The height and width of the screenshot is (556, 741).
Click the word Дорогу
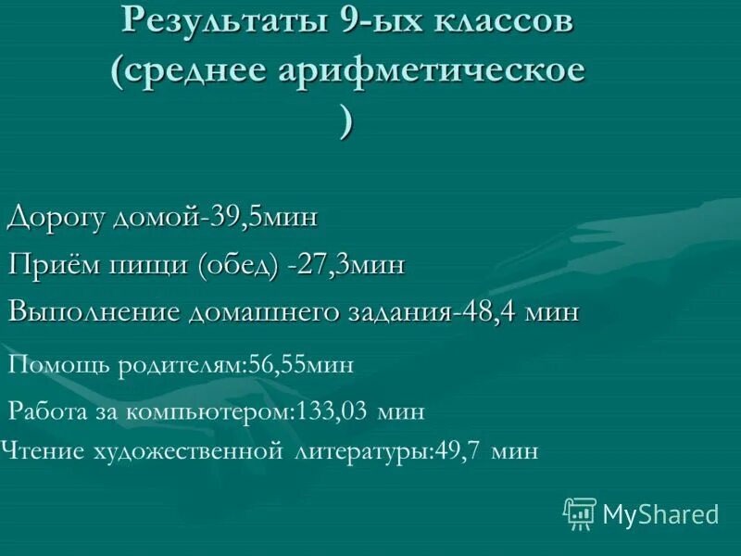(x=57, y=218)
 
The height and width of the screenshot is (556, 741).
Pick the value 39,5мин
(x=263, y=218)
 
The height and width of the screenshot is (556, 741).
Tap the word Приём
(x=50, y=265)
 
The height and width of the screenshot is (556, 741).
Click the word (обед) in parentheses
(x=237, y=265)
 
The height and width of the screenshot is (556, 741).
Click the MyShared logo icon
(x=579, y=512)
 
